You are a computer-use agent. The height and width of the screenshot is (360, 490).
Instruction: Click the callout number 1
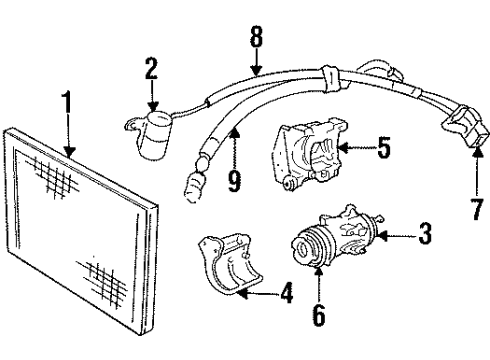(x=66, y=104)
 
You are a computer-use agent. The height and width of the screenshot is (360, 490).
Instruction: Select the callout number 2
(x=151, y=70)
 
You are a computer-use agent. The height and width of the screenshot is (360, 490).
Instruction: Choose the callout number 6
(x=317, y=316)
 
